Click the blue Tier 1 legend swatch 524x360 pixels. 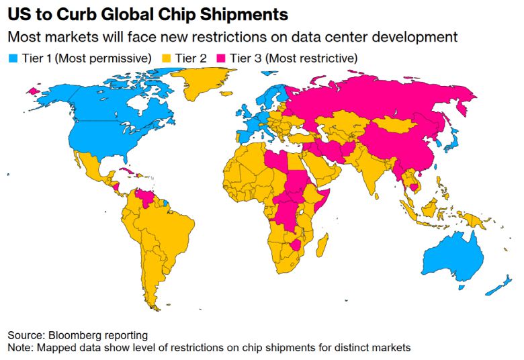12,58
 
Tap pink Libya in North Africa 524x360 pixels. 275,162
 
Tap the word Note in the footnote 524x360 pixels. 19,347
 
